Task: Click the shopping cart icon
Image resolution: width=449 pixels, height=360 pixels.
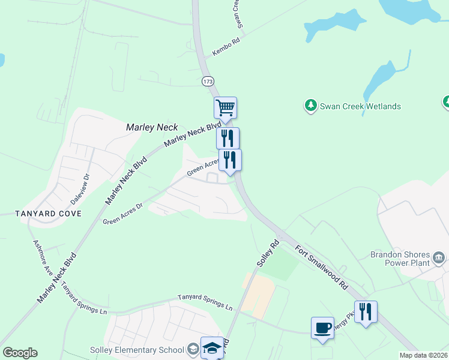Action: click(225, 108)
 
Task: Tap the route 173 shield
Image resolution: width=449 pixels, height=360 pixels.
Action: click(208, 80)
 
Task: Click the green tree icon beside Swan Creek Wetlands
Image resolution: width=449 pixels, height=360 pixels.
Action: click(310, 106)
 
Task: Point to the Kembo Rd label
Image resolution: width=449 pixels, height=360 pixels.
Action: click(226, 49)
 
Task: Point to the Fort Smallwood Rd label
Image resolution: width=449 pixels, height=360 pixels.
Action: click(321, 267)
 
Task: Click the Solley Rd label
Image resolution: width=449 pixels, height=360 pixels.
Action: click(268, 254)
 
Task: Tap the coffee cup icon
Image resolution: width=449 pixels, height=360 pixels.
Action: click(322, 328)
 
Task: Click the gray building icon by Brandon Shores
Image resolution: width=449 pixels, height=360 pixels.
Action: click(439, 258)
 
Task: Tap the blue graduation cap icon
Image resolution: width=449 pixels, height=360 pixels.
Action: click(212, 348)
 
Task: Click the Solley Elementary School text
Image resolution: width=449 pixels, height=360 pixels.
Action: click(146, 350)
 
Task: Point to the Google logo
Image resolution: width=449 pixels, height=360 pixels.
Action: click(20, 353)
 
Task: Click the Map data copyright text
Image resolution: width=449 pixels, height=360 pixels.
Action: click(424, 355)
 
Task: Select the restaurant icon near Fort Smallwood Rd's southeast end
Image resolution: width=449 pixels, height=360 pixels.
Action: click(365, 311)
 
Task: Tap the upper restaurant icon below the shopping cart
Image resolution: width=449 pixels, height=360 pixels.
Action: click(228, 138)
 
